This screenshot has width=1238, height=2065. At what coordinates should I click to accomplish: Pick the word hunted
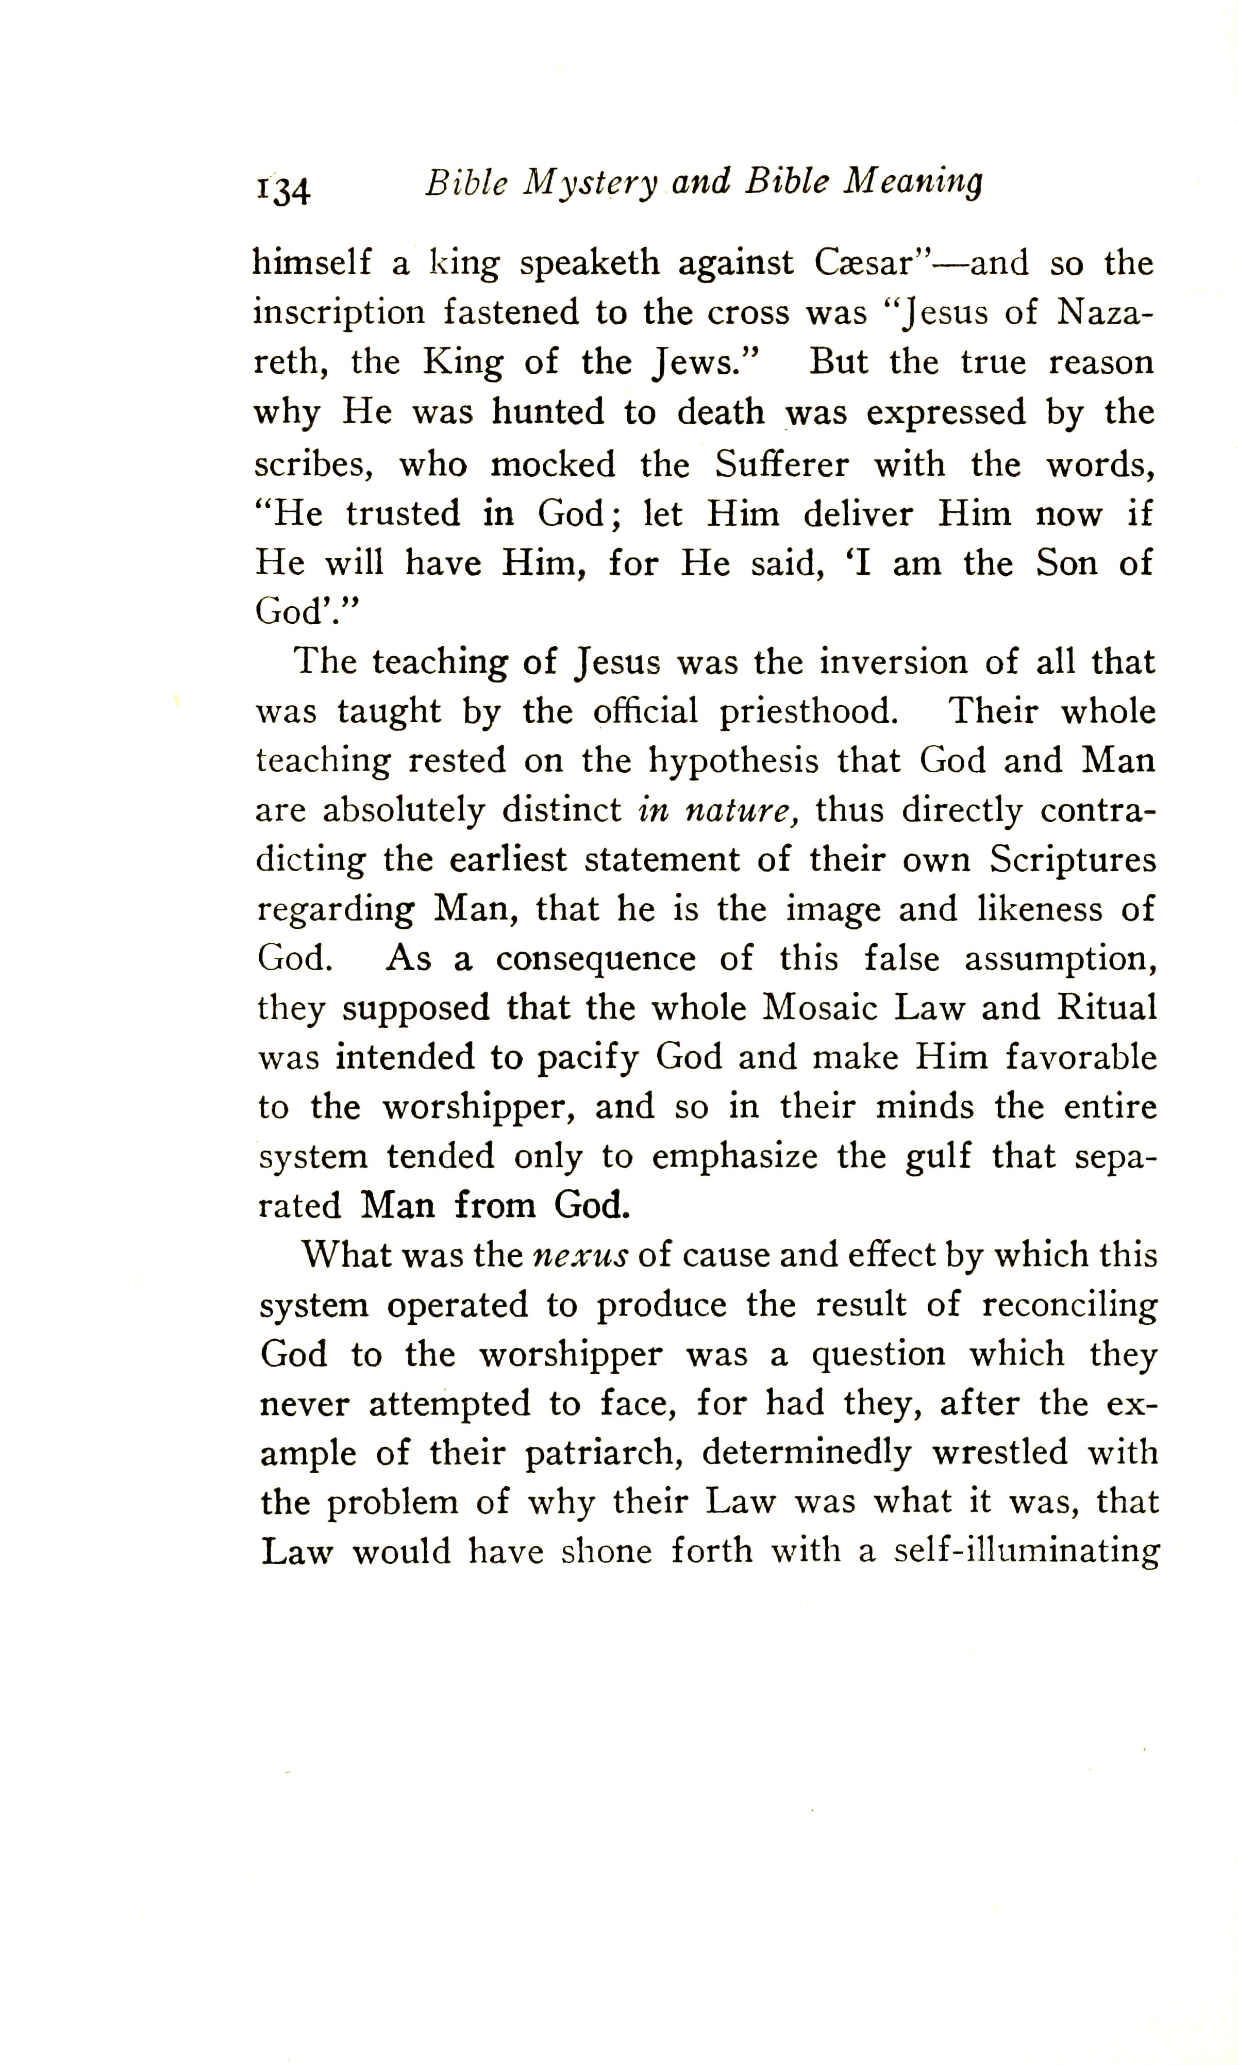tap(547, 412)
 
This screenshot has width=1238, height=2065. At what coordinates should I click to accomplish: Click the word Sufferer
tap(782, 464)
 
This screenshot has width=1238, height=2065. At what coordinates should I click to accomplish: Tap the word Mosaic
tap(820, 1008)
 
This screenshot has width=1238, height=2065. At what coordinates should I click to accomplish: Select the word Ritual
tap(1107, 1007)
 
